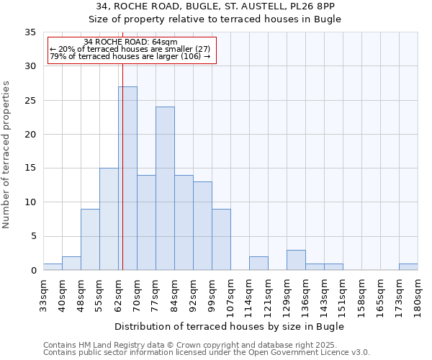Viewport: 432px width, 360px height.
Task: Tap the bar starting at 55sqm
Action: coord(109,219)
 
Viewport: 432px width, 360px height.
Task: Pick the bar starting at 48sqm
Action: coord(90,240)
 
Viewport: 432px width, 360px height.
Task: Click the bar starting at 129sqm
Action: coord(296,260)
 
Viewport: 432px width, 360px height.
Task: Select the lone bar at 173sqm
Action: coord(408,266)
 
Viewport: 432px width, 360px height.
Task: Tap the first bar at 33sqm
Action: coord(53,266)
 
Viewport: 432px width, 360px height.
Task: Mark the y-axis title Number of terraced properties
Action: coord(6,155)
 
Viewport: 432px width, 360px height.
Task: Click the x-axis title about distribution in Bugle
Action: coord(229,326)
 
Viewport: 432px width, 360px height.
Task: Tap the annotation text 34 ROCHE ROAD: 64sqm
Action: coord(130,42)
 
